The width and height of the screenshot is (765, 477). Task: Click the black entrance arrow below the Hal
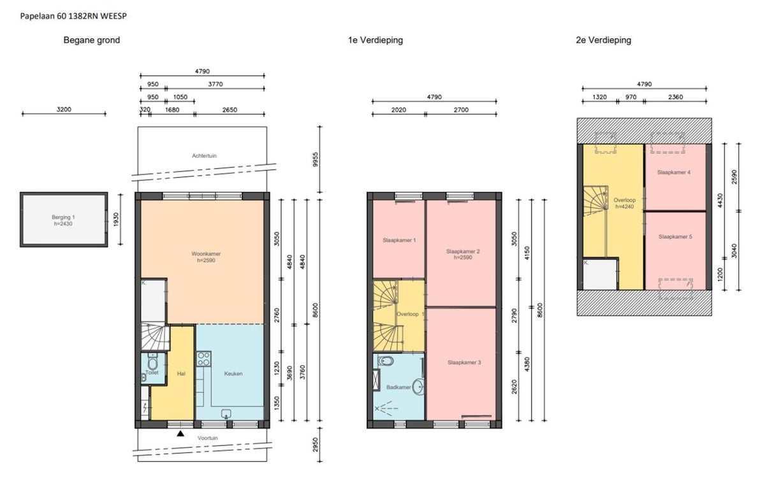tap(180, 434)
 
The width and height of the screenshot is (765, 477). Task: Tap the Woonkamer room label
tap(206, 254)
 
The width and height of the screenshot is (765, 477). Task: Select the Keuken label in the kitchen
tap(233, 374)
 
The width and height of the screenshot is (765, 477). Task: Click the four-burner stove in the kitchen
tap(203, 359)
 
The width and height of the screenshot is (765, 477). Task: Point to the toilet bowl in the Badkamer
tap(386, 360)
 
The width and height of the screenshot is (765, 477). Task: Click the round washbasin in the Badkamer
tap(418, 387)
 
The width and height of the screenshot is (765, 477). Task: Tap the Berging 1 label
tap(63, 217)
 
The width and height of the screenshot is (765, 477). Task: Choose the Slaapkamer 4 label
tap(673, 173)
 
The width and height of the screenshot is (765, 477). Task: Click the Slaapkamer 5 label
tap(675, 236)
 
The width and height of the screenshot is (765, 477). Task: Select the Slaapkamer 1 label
tap(399, 240)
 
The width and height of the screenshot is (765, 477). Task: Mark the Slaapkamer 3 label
tap(464, 362)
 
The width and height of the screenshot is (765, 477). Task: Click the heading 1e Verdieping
tap(375, 40)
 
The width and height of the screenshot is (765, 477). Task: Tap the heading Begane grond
tap(92, 40)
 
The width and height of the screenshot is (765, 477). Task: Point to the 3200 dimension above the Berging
tap(64, 109)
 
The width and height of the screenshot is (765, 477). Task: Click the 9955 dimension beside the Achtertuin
tap(315, 159)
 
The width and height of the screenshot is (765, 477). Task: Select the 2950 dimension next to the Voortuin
tap(315, 445)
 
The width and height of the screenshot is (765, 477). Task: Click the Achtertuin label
tap(204, 155)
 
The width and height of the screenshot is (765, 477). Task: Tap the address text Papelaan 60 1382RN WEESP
tap(73, 16)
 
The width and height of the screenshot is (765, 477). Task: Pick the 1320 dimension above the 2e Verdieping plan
tap(599, 97)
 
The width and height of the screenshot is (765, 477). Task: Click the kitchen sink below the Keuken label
tap(226, 414)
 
